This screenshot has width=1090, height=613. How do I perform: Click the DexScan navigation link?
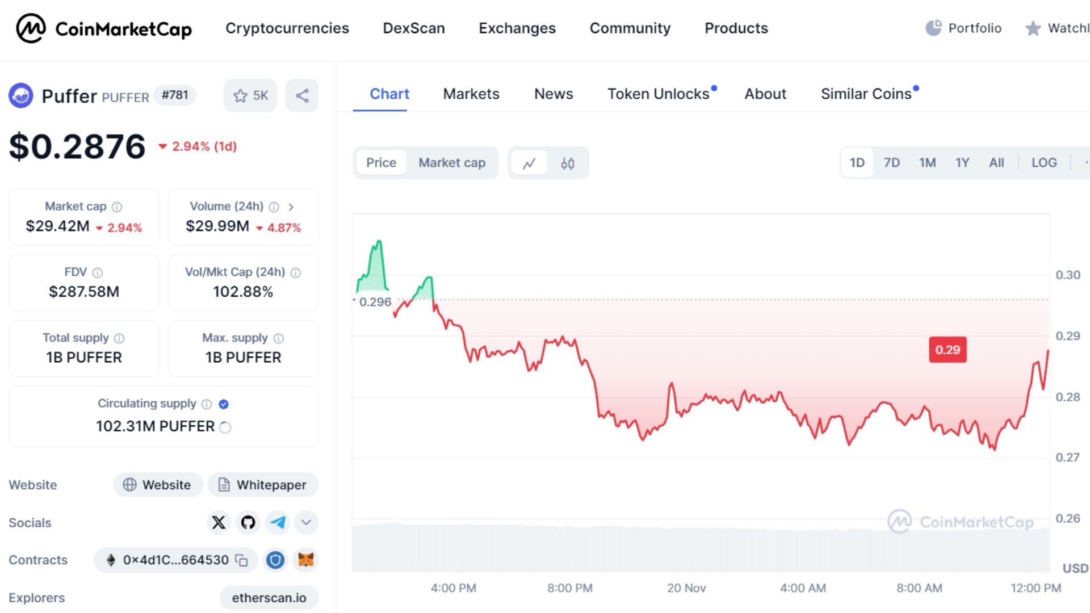tap(414, 28)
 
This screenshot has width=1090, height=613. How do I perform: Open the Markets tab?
tap(471, 94)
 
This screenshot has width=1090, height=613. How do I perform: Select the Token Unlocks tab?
tap(659, 94)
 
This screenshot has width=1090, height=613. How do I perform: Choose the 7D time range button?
tap(891, 163)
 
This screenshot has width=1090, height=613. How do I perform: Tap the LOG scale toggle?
tap(1044, 163)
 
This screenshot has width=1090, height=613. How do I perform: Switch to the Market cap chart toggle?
tap(452, 163)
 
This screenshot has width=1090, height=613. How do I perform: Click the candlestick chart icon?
tap(568, 163)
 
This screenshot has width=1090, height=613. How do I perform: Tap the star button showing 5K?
tap(250, 95)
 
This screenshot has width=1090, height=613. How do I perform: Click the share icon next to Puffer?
tap(302, 95)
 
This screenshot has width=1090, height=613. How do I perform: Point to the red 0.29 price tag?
tap(948, 350)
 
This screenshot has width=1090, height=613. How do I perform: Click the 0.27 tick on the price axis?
tap(1067, 457)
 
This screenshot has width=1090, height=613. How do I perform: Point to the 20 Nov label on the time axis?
tap(686, 588)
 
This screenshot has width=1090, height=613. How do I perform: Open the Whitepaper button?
tap(263, 485)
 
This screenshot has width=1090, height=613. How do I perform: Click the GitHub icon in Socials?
tap(248, 522)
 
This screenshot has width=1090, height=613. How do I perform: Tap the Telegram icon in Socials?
tap(278, 522)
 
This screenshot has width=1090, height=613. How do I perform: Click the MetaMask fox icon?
tap(306, 560)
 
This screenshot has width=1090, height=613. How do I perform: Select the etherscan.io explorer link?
tap(269, 598)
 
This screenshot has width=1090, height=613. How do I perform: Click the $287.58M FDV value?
tap(84, 292)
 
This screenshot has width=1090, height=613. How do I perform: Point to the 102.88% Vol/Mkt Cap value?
tap(243, 292)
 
